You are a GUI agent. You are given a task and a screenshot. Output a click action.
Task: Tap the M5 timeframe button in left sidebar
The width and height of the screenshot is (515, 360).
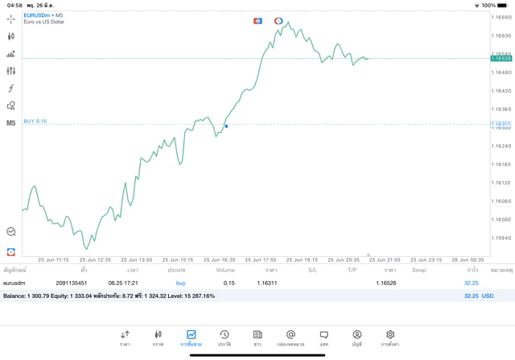[11, 123]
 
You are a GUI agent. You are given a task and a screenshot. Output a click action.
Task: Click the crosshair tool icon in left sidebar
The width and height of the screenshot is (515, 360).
[11, 18]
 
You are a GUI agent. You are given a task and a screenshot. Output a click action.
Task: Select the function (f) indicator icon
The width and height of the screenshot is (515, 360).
[11, 88]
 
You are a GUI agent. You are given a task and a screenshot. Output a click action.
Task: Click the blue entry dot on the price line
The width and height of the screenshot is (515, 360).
[226, 126]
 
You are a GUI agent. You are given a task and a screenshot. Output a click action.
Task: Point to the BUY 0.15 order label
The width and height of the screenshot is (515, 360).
[35, 121]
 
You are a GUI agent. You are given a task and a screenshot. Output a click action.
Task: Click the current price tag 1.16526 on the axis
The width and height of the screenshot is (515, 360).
[501, 59]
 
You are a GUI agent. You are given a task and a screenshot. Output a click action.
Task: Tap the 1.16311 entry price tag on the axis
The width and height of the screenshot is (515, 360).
[501, 125]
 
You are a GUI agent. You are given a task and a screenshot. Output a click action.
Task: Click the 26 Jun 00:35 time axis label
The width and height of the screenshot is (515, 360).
[468, 260]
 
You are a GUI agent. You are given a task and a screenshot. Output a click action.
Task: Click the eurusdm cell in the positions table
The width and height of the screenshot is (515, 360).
[16, 283]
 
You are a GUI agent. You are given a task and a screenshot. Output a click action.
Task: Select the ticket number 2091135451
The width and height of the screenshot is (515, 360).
[72, 283]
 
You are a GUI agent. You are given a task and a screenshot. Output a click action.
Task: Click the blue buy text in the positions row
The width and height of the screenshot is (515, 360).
[180, 283]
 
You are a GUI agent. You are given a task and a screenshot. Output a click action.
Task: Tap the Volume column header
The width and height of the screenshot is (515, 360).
[225, 270]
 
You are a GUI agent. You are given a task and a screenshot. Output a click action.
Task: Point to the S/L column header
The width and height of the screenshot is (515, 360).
[312, 270]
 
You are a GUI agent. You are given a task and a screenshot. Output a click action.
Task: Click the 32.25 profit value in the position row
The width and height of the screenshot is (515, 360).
[471, 283]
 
